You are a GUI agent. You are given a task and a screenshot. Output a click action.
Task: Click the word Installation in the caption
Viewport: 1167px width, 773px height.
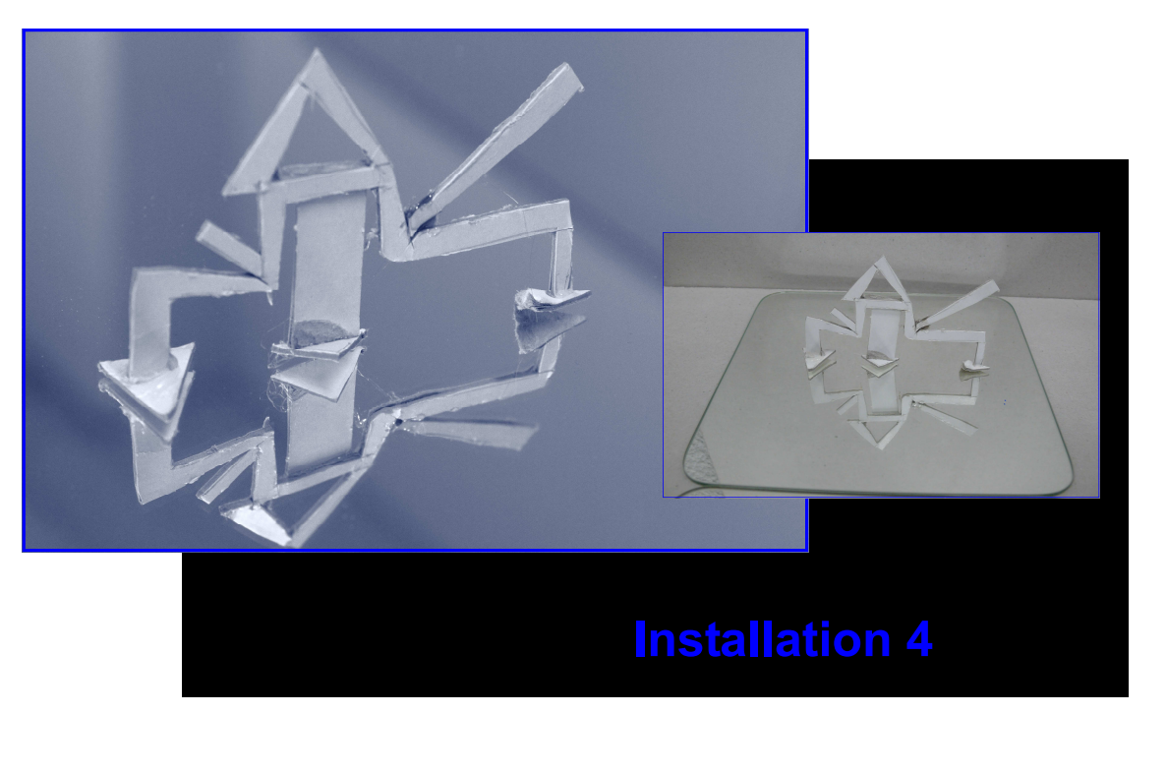(x=762, y=639)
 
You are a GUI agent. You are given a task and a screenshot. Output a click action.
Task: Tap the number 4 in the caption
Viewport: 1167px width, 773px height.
(x=920, y=640)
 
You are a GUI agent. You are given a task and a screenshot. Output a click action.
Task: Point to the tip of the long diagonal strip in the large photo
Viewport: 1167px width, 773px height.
(x=573, y=73)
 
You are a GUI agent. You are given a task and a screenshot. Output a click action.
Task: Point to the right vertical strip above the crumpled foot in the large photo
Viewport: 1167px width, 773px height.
(x=562, y=260)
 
